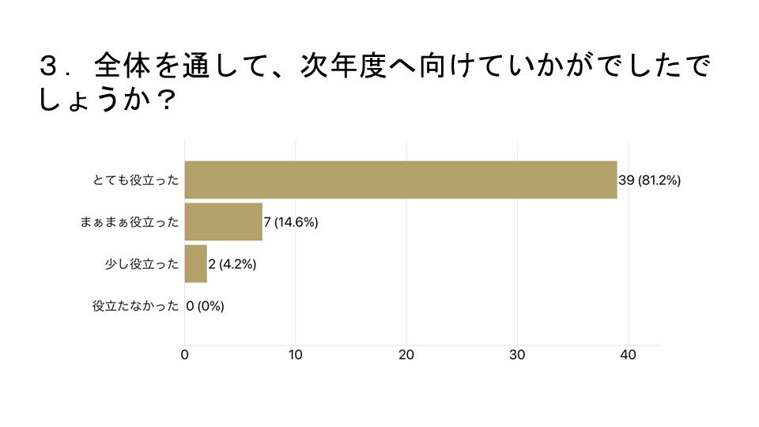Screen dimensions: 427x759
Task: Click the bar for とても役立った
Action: (x=401, y=180)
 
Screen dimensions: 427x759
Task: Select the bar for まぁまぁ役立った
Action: (x=224, y=222)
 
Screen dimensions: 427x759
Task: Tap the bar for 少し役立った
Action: (x=196, y=264)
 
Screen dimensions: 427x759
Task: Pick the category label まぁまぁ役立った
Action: (x=130, y=222)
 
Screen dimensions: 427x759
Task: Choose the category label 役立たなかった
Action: (x=136, y=306)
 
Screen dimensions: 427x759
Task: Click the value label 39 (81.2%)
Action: (x=650, y=180)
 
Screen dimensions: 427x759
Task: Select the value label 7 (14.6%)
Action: (x=292, y=222)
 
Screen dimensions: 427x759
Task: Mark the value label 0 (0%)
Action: (x=206, y=306)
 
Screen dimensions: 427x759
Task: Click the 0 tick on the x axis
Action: (x=185, y=355)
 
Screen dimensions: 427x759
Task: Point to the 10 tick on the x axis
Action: (x=296, y=355)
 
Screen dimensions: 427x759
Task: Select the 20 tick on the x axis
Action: (x=406, y=355)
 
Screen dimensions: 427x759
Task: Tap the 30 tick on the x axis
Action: (x=517, y=355)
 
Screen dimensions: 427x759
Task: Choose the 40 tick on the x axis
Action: (x=628, y=355)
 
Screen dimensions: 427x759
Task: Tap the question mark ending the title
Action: (x=164, y=100)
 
